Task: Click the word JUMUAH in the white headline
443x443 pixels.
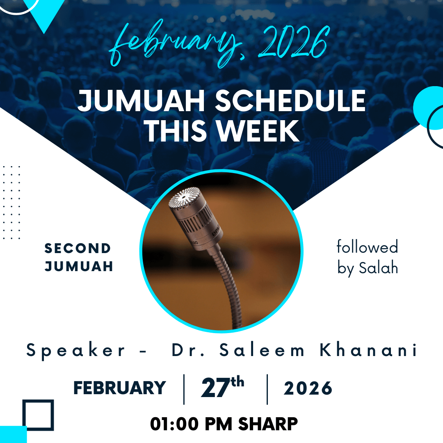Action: pos(141,101)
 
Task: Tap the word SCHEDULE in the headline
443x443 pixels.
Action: pos(290,101)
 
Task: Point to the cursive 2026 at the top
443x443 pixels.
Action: pos(294,42)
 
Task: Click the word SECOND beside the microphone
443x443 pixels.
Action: pos(78,248)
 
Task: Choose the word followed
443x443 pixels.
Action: pos(367,247)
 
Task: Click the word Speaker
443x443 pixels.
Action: pos(75,351)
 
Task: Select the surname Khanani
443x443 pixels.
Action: pos(368,350)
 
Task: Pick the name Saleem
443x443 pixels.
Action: pos(262,350)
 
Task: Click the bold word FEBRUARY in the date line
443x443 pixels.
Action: pos(119,388)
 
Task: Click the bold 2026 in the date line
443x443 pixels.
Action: pos(308,388)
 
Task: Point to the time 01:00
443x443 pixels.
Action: pos(174,424)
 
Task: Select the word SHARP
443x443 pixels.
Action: pos(268,424)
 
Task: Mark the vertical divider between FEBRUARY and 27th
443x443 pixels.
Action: pos(184,389)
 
